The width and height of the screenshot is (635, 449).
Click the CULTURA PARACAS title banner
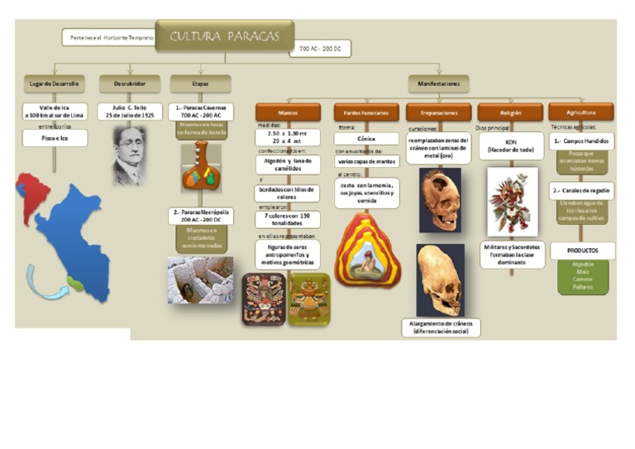[x=224, y=36]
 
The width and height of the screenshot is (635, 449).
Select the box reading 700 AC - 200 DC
[x=319, y=49]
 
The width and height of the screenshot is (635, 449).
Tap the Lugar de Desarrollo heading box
[x=55, y=84]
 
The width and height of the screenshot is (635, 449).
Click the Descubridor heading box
[x=130, y=84]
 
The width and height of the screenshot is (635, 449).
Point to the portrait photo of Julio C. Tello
[x=129, y=155]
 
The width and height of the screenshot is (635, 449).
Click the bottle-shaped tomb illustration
[x=200, y=167]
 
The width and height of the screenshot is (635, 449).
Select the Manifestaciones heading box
[x=438, y=84]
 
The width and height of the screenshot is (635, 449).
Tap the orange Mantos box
[x=287, y=112]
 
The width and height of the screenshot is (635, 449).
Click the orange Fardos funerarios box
[x=365, y=112]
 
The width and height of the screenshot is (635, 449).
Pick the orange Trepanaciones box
[x=438, y=112]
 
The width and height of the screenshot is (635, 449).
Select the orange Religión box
[x=510, y=112]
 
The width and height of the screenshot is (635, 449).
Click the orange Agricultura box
[x=580, y=112]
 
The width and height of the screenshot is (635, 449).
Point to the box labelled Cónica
[x=365, y=139]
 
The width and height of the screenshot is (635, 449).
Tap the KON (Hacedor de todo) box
[x=510, y=146]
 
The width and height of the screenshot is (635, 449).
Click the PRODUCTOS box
[x=582, y=250]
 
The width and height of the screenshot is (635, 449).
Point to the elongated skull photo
[x=439, y=279]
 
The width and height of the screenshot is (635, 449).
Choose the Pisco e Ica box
[x=55, y=139]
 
